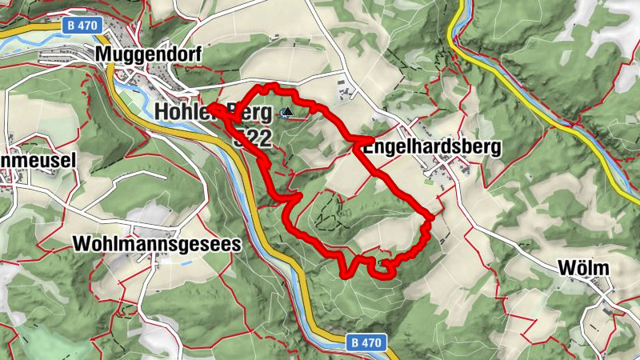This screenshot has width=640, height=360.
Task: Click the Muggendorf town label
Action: [146, 53]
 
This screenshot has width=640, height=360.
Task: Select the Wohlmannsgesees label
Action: [156, 245]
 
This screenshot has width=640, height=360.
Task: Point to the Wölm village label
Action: [584, 267]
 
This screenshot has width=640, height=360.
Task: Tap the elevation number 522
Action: [251, 138]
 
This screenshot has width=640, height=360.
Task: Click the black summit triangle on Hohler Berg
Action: [286, 113]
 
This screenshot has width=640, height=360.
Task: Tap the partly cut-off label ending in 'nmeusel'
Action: [38, 160]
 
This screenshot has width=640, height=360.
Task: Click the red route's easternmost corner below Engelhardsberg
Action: [431, 216]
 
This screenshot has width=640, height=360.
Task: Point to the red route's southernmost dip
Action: [346, 274]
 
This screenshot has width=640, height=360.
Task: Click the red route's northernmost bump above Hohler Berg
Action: [273, 86]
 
